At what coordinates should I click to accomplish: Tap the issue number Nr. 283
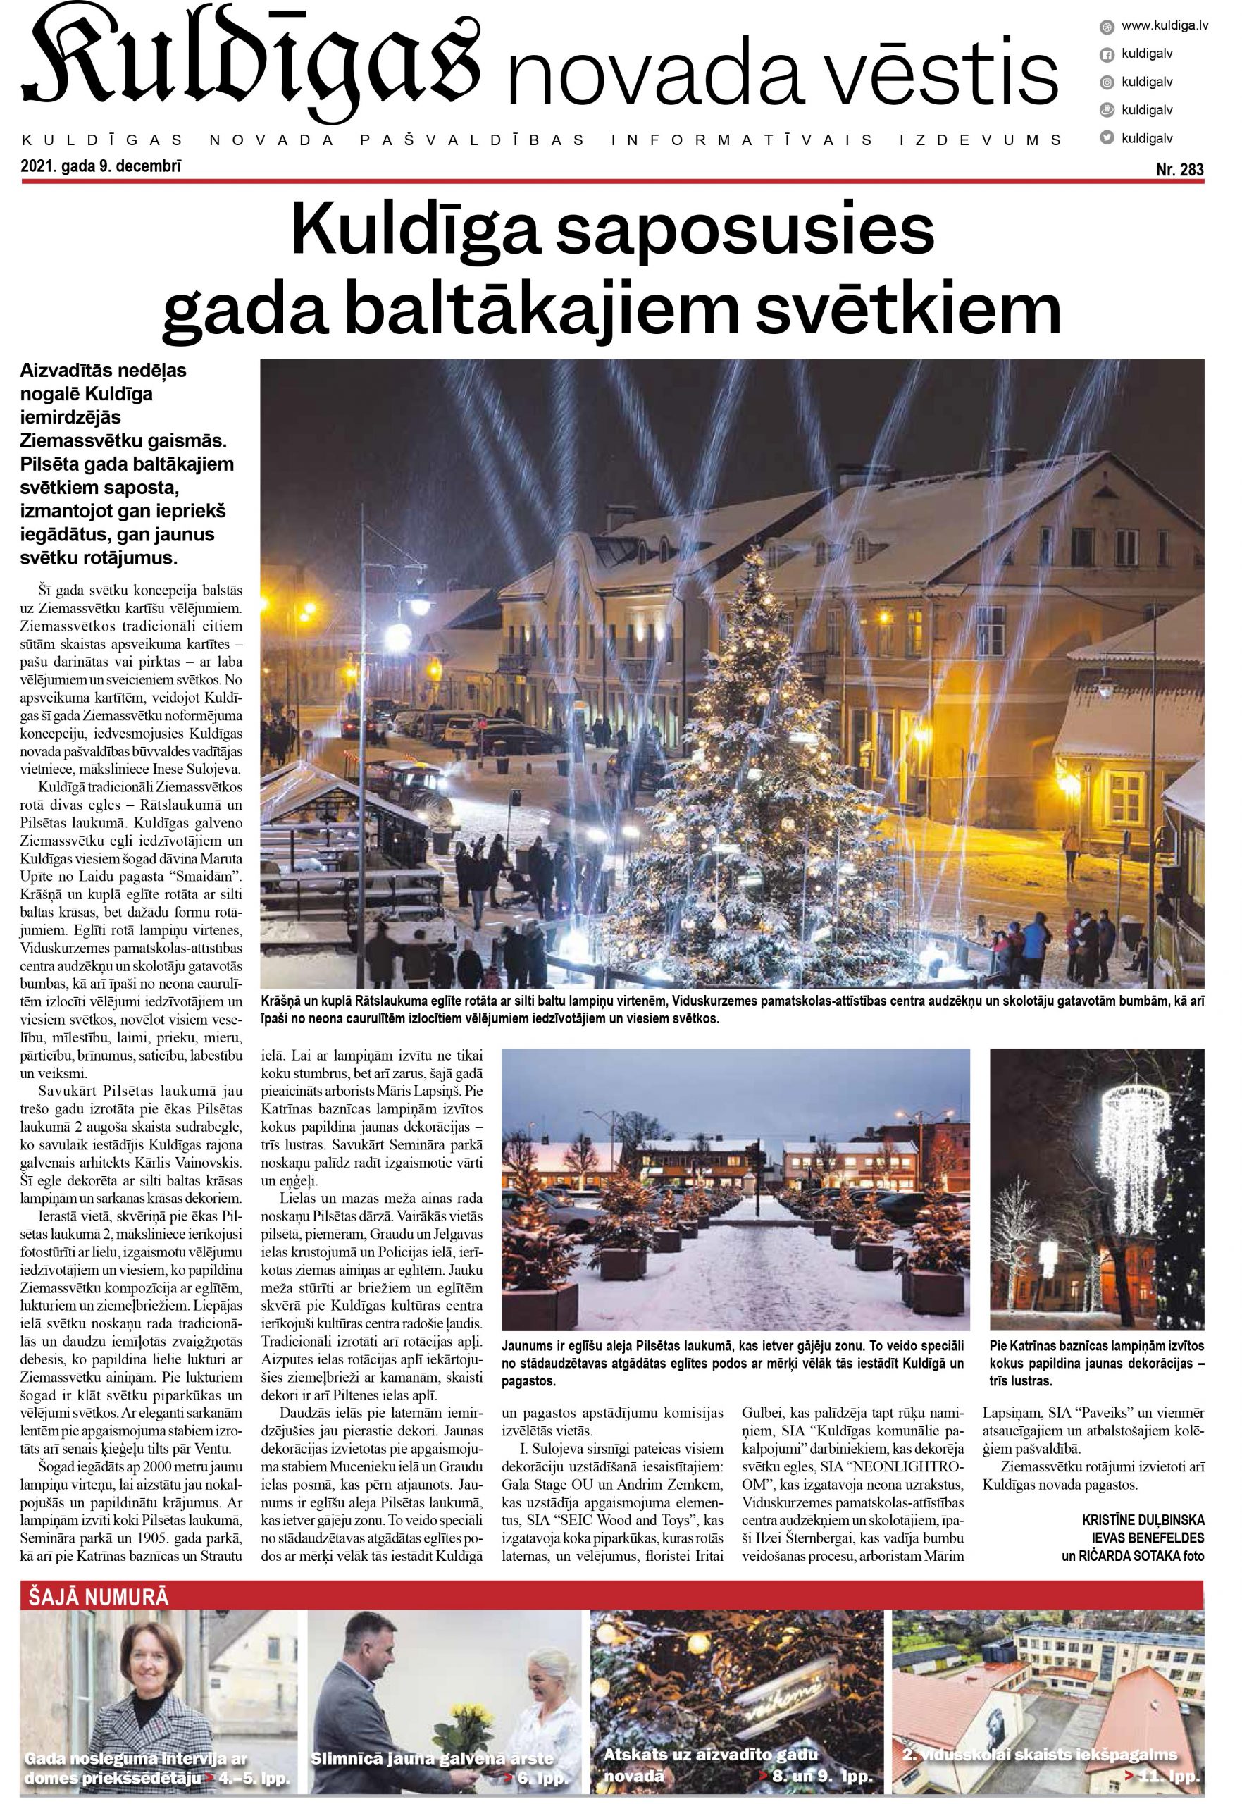1180,170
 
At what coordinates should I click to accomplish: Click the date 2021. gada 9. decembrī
103,165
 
